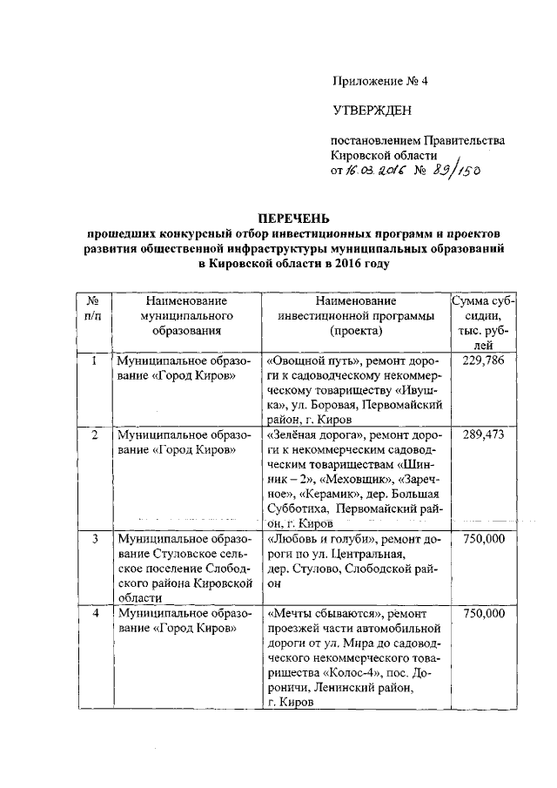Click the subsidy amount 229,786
(483, 360)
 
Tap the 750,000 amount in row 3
(483, 539)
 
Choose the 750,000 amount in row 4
(483, 614)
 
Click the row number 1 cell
(93, 360)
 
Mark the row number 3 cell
(93, 539)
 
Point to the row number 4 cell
(93, 614)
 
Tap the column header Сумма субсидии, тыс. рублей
(483, 322)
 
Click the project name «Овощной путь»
(312, 360)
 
